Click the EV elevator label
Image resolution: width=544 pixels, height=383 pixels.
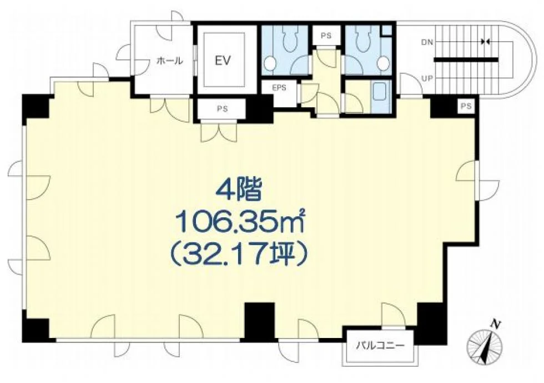223,61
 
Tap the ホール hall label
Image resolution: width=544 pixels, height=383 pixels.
169,62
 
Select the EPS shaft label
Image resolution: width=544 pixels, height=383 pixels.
279,88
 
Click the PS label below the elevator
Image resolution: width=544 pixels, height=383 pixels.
223,109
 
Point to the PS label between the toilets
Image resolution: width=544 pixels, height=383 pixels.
326,36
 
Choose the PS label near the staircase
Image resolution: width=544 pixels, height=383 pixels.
467,106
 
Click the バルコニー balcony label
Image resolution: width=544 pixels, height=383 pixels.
380,346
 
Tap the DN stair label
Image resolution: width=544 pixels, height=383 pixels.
427,42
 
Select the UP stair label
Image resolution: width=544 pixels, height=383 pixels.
427,78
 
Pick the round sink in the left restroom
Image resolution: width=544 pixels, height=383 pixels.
269,63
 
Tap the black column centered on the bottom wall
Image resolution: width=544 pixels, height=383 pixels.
260,322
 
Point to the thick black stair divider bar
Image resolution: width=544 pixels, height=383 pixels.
466,60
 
